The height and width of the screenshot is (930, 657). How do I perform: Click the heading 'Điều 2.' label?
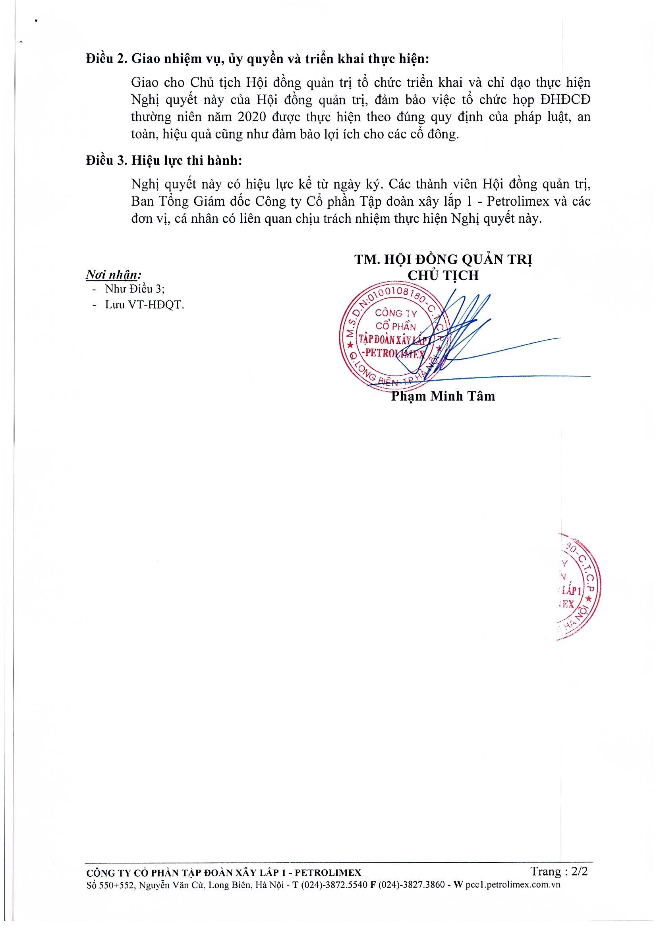tap(106, 59)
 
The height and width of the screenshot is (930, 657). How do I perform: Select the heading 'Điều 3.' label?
tap(106, 161)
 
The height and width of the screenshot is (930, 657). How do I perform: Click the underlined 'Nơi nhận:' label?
tap(113, 275)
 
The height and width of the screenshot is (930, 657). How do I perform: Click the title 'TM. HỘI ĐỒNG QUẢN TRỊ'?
tap(443, 259)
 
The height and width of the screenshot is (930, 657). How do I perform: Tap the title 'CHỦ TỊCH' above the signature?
tap(443, 275)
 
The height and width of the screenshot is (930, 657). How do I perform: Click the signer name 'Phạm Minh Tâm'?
tap(443, 396)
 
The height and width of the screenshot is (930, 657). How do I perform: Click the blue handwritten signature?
tap(465, 336)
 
